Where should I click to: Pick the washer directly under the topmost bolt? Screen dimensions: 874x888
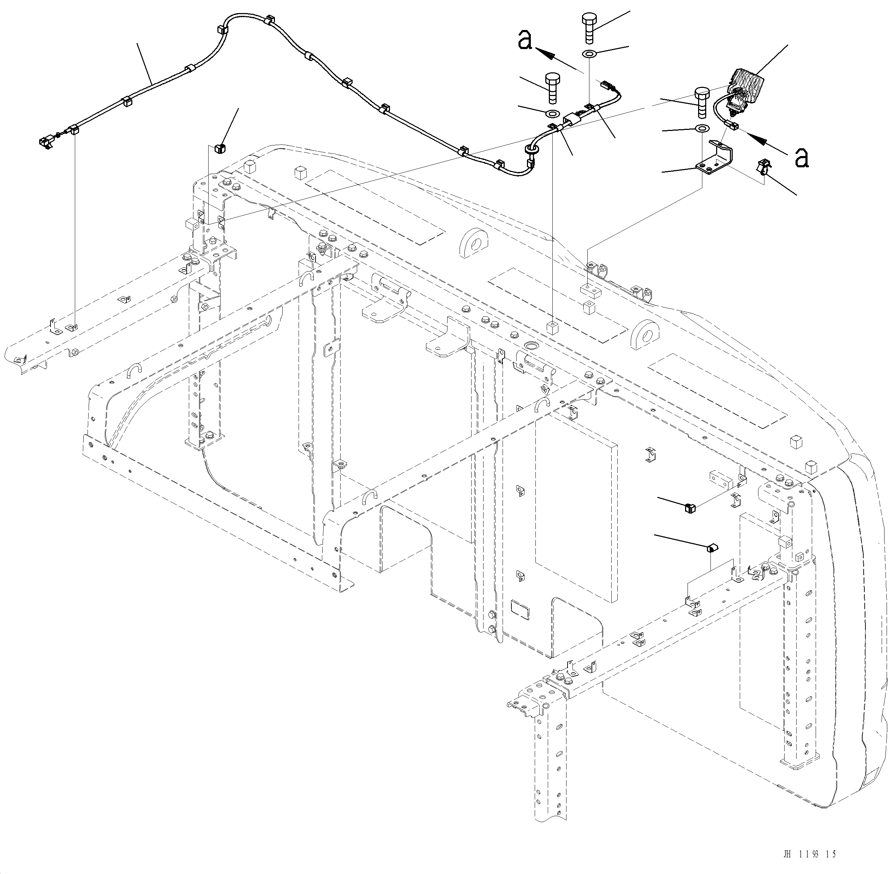(x=589, y=54)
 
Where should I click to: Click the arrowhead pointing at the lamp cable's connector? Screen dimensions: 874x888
(x=755, y=137)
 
